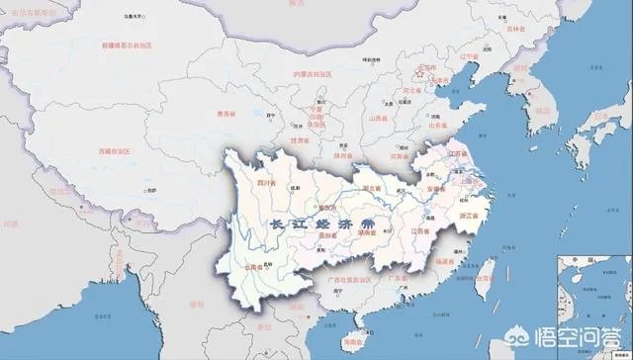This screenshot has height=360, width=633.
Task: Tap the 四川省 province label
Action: (x=266, y=183)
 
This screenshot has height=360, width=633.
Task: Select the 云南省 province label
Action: (x=253, y=268)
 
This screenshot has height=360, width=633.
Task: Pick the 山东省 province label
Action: (x=436, y=128)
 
